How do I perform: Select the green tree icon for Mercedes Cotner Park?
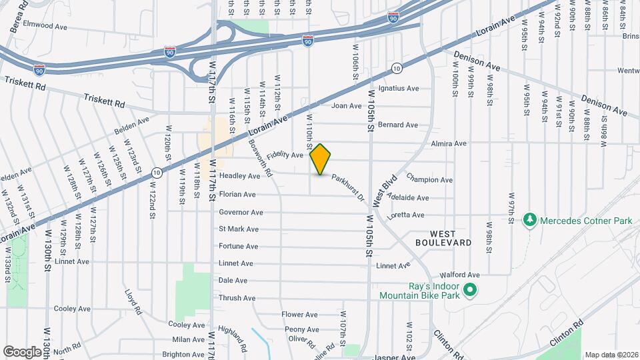[x=530, y=219]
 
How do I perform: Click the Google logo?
[x=22, y=351]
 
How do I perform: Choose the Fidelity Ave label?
[x=285, y=155]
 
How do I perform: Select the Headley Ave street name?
[x=239, y=176]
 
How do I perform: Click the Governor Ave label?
[x=241, y=213]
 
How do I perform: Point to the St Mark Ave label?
[x=239, y=229]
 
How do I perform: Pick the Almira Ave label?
[x=449, y=143]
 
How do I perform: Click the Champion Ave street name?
[x=429, y=180]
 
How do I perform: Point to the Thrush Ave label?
[x=237, y=298]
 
